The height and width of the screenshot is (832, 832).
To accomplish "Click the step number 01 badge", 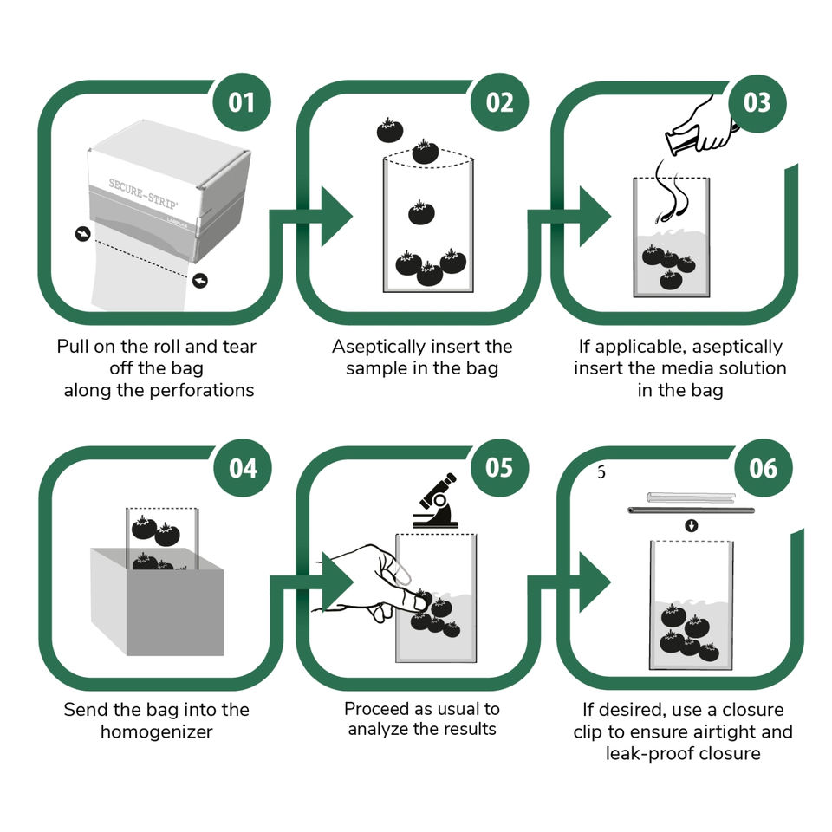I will (x=242, y=102).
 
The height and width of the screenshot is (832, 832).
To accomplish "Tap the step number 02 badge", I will (x=499, y=102).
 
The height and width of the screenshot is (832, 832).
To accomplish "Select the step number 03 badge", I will (x=757, y=102).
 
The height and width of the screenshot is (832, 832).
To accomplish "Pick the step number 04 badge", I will (x=242, y=468).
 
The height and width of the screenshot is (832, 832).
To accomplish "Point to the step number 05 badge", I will (x=499, y=468).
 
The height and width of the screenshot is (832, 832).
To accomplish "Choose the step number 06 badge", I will (x=763, y=468).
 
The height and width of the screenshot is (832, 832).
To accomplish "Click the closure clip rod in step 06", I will (x=690, y=510).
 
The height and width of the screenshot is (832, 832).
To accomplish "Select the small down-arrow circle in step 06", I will (x=691, y=526).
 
